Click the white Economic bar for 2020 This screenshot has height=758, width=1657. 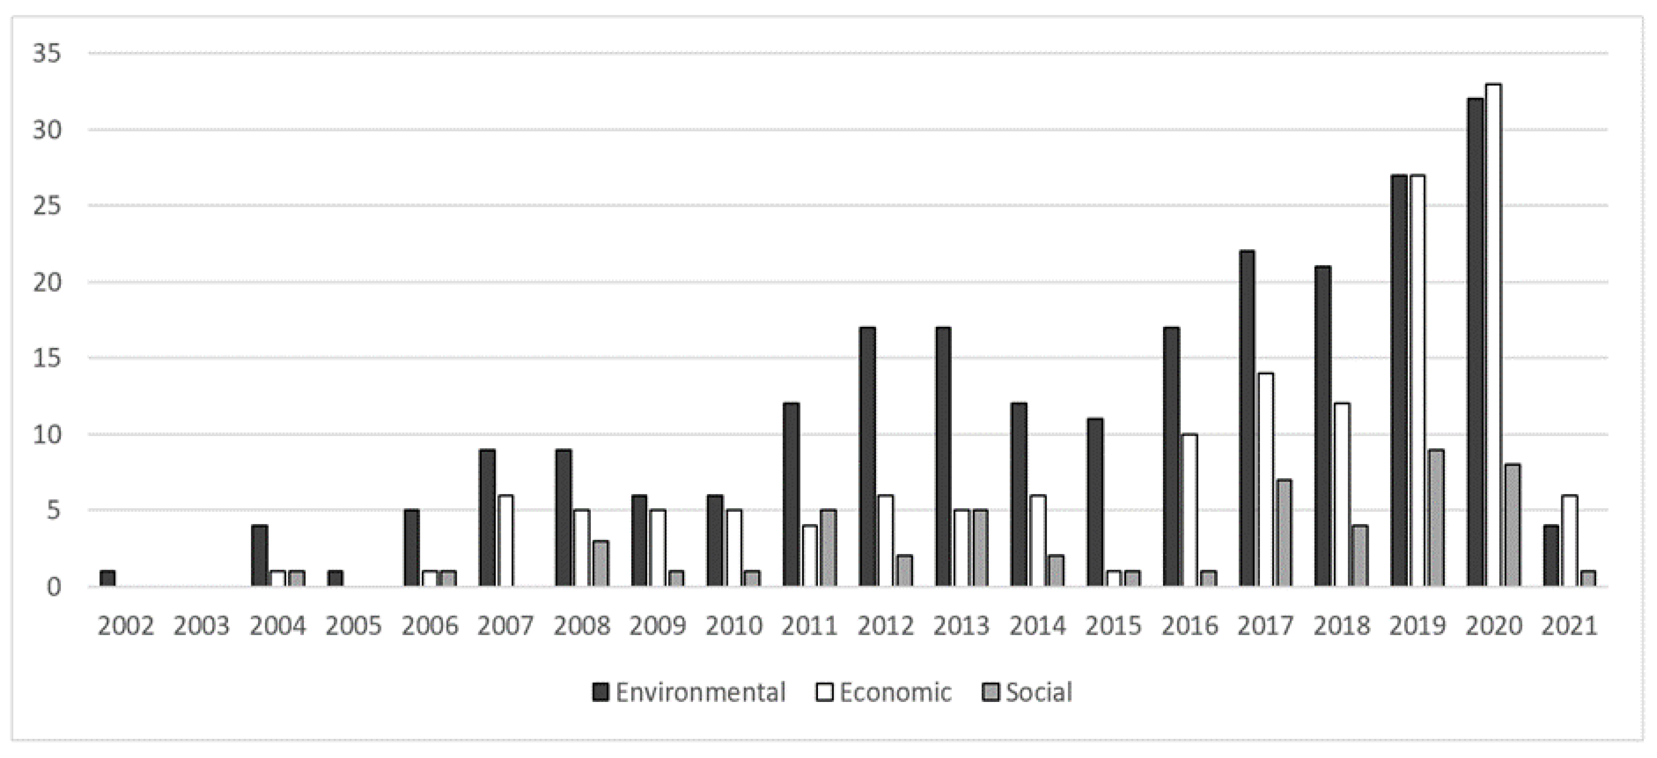1494,335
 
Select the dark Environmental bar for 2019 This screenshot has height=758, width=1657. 1399,379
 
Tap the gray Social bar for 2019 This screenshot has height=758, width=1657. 1436,518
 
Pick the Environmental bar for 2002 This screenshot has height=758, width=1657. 108,578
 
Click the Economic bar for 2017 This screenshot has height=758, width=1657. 1265,479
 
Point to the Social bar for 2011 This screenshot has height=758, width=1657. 829,548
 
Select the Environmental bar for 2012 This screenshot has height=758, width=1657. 867,457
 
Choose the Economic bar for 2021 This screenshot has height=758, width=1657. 1570,541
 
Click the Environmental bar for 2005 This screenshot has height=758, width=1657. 336,578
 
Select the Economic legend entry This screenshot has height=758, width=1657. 884,692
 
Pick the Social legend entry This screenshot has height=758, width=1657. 1028,692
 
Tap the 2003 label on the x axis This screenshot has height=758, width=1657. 202,625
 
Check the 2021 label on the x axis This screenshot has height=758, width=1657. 1570,625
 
